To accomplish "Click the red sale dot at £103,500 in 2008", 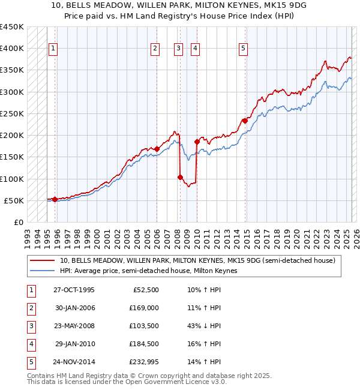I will point(180,177).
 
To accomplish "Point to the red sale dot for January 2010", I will point(197,142).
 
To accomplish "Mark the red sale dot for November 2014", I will point(245,121).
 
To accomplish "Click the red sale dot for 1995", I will point(55,199).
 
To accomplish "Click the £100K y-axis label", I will point(12,179).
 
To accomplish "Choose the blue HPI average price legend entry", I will point(149,271).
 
